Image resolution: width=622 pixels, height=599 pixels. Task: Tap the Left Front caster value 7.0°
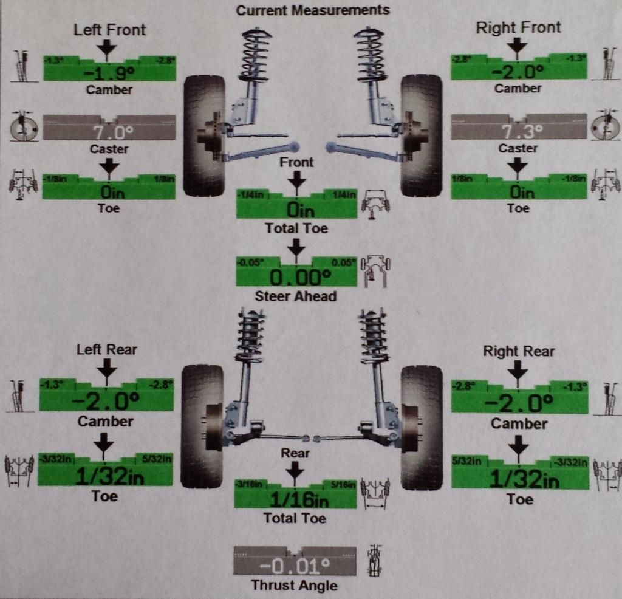pos(109,132)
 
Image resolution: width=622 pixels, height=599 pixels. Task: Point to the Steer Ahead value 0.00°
pos(296,278)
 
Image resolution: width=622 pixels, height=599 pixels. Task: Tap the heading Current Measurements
pos(313,10)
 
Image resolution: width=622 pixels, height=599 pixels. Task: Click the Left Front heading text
pos(110,29)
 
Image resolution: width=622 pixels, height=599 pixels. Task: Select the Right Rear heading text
pos(519,351)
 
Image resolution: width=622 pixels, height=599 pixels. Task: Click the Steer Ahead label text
pos(296,296)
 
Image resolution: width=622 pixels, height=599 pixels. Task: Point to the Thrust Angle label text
pos(295,586)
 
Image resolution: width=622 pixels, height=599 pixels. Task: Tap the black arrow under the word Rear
pos(295,470)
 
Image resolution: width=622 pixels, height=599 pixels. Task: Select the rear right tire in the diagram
pos(422,427)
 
